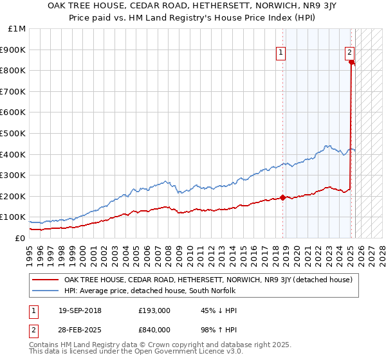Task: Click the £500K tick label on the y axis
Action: pyautogui.click(x=14, y=133)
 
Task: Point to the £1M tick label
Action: pyautogui.click(x=17, y=29)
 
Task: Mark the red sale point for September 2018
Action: pyautogui.click(x=283, y=197)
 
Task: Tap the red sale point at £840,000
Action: pyautogui.click(x=351, y=62)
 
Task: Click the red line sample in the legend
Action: pyautogui.click(x=46, y=280)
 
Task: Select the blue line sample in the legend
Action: pyautogui.click(x=46, y=291)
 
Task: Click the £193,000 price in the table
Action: pyautogui.click(x=154, y=310)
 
